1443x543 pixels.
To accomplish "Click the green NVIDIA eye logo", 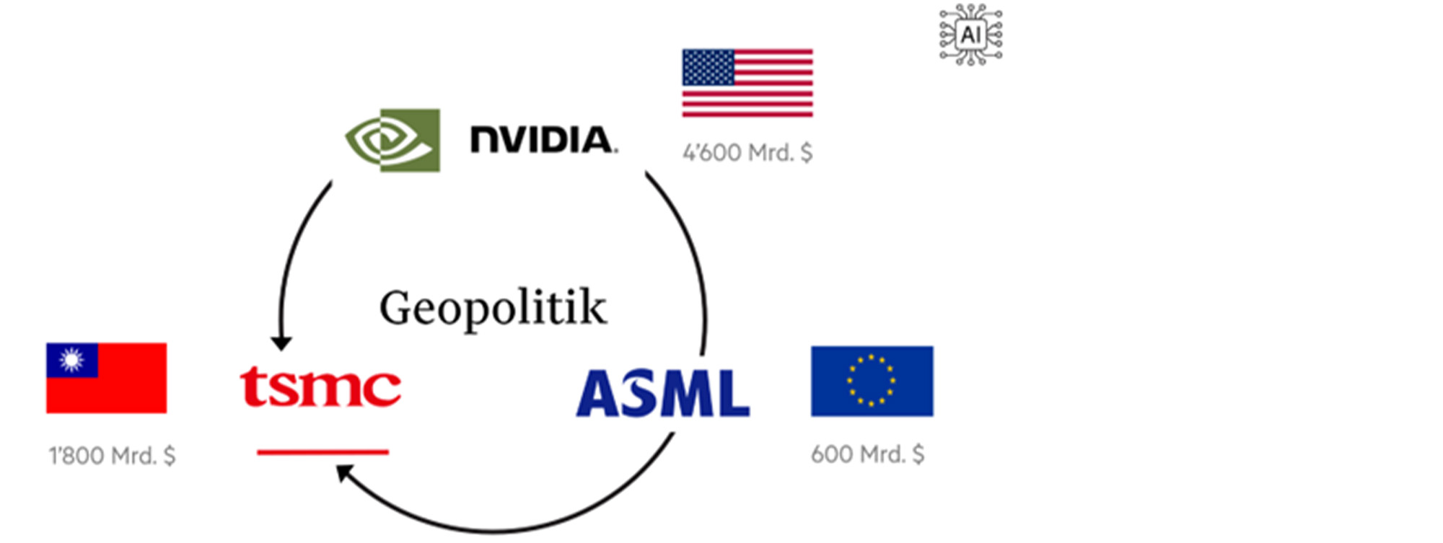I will click(393, 140).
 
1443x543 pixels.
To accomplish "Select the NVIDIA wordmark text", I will click(543, 139).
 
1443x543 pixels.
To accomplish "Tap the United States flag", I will click(747, 83).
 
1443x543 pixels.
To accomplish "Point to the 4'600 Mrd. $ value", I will click(747, 153).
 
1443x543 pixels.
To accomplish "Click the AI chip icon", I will click(970, 35).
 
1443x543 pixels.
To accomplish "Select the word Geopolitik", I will click(493, 308).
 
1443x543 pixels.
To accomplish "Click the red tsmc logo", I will click(320, 388).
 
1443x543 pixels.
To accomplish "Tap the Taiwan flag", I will click(107, 378).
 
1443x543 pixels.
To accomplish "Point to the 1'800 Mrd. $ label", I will click(112, 456).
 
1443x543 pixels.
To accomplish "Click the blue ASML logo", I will click(662, 393).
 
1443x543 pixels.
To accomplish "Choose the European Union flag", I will click(872, 381).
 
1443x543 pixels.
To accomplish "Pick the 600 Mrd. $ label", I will click(867, 454).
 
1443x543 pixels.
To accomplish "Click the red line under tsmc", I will click(323, 452).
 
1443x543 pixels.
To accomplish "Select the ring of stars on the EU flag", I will click(872, 381).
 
